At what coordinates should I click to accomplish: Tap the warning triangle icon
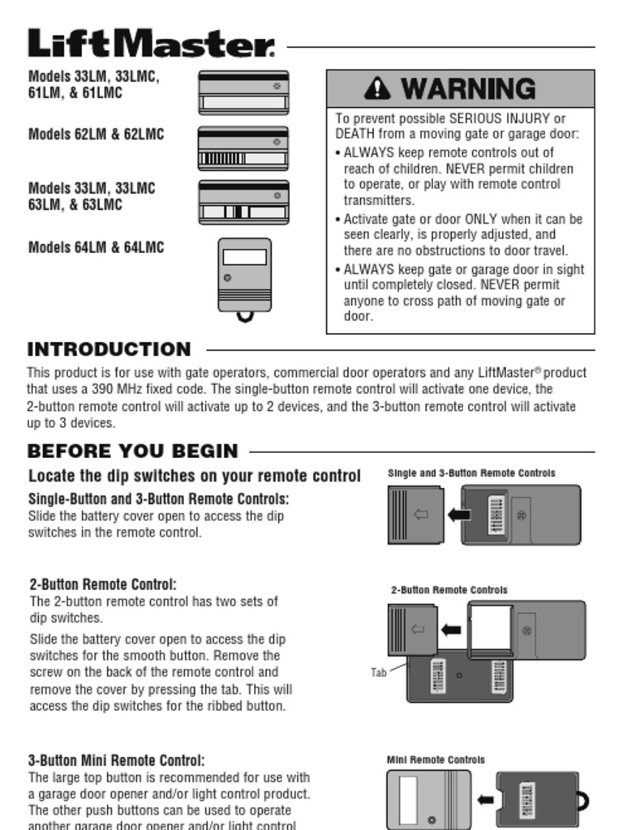pyautogui.click(x=377, y=88)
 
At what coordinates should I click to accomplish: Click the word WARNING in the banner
pyautogui.click(x=468, y=88)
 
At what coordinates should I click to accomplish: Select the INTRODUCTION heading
pyautogui.click(x=109, y=349)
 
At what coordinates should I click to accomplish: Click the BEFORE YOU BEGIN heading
pyautogui.click(x=132, y=451)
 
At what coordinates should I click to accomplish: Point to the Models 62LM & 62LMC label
pyautogui.click(x=96, y=135)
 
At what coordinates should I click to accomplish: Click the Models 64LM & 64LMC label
pyautogui.click(x=96, y=247)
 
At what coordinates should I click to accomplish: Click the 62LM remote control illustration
pyautogui.click(x=243, y=148)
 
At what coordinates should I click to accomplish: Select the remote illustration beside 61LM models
pyautogui.click(x=243, y=92)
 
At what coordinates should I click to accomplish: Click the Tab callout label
pyautogui.click(x=379, y=672)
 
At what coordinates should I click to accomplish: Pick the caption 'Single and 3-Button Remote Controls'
pyautogui.click(x=471, y=473)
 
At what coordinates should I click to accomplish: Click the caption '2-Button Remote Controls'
pyautogui.click(x=449, y=590)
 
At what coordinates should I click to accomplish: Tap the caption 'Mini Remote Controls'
pyautogui.click(x=436, y=759)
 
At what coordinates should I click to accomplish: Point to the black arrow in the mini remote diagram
pyautogui.click(x=485, y=800)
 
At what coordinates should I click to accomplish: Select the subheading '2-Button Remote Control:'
pyautogui.click(x=103, y=584)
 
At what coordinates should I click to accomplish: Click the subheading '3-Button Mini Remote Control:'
pyautogui.click(x=117, y=760)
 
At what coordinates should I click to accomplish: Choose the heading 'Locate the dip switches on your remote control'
pyautogui.click(x=194, y=476)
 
